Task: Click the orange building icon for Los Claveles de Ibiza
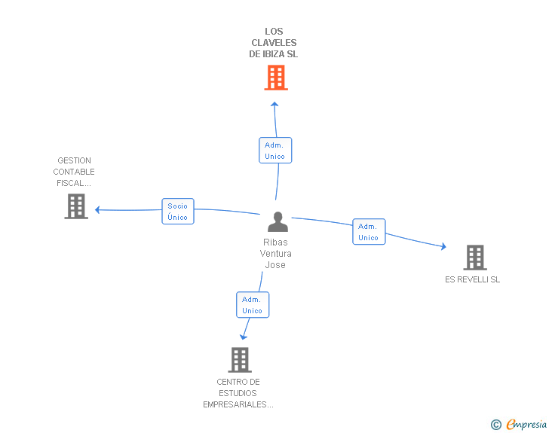[276, 78]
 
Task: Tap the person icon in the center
[278, 222]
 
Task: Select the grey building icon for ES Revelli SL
[474, 258]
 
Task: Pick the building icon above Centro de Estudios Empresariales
[239, 360]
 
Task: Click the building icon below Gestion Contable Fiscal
[75, 206]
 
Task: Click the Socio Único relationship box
[178, 211]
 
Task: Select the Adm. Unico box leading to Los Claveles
[274, 150]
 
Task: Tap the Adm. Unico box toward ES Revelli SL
[368, 231]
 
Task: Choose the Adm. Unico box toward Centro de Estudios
[252, 304]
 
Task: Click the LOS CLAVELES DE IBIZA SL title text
[274, 43]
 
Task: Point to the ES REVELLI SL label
[472, 280]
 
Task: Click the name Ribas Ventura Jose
[275, 253]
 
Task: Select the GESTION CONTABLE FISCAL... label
[74, 172]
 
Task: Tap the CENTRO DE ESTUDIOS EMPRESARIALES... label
[238, 393]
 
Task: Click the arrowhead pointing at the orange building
[274, 104]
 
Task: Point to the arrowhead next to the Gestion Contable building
[97, 210]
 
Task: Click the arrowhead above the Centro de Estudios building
[244, 337]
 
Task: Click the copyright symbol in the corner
[495, 425]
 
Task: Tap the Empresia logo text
[526, 424]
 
